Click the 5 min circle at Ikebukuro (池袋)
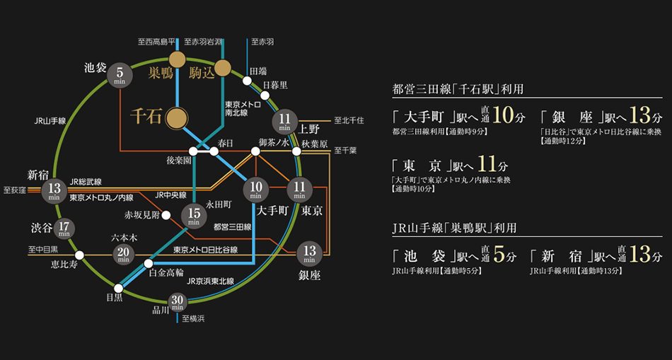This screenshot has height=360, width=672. click(x=120, y=74)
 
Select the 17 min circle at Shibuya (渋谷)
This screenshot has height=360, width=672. click(x=64, y=229)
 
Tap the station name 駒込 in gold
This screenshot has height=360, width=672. click(x=202, y=73)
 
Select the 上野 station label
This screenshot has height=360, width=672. click(x=310, y=129)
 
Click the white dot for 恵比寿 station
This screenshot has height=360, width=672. click(x=79, y=255)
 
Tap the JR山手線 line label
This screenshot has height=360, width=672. click(x=50, y=121)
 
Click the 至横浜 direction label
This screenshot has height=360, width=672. click(x=192, y=319)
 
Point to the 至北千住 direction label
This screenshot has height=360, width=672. click(x=349, y=120)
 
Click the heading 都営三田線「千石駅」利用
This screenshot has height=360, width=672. click(x=457, y=89)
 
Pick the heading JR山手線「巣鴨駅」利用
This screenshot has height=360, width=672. click(x=454, y=228)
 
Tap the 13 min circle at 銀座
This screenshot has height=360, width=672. click(x=309, y=251)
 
